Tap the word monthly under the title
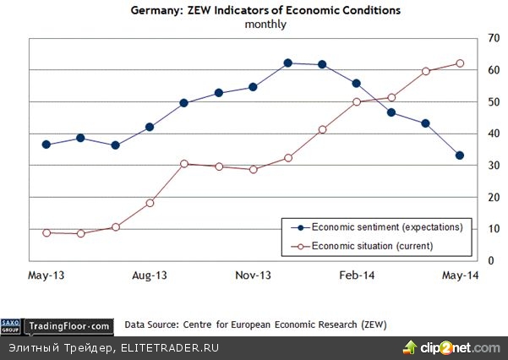(x=265, y=25)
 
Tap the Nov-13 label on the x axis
(x=253, y=276)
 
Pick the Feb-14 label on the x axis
(x=356, y=276)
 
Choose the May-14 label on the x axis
(x=460, y=276)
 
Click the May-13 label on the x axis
(x=47, y=276)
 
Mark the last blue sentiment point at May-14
(x=460, y=155)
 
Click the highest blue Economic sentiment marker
(x=288, y=63)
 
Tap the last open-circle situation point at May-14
(x=460, y=63)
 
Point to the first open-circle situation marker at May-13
(x=46, y=232)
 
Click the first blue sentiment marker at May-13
(x=46, y=145)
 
